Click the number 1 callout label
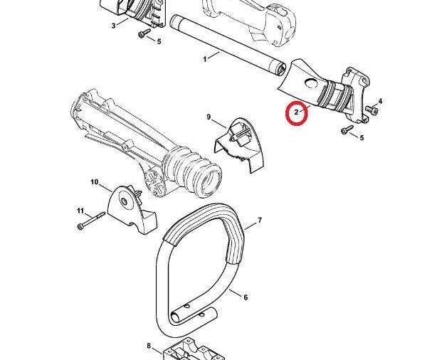(x=206, y=58)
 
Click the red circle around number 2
(x=296, y=113)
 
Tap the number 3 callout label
(x=114, y=26)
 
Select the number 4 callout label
(x=381, y=102)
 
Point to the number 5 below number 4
(x=362, y=137)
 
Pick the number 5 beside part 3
(x=159, y=41)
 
